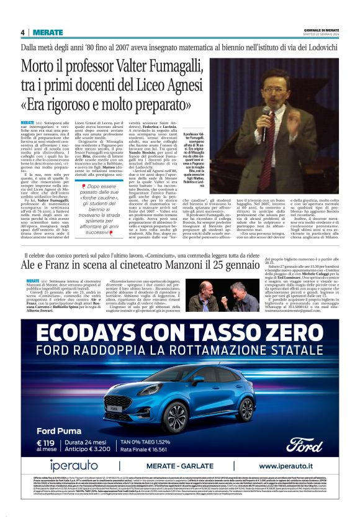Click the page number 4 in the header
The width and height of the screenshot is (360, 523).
click(22, 32)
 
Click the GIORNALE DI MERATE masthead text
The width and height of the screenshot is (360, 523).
click(322, 30)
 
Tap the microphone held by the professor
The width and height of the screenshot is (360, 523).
click(266, 112)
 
